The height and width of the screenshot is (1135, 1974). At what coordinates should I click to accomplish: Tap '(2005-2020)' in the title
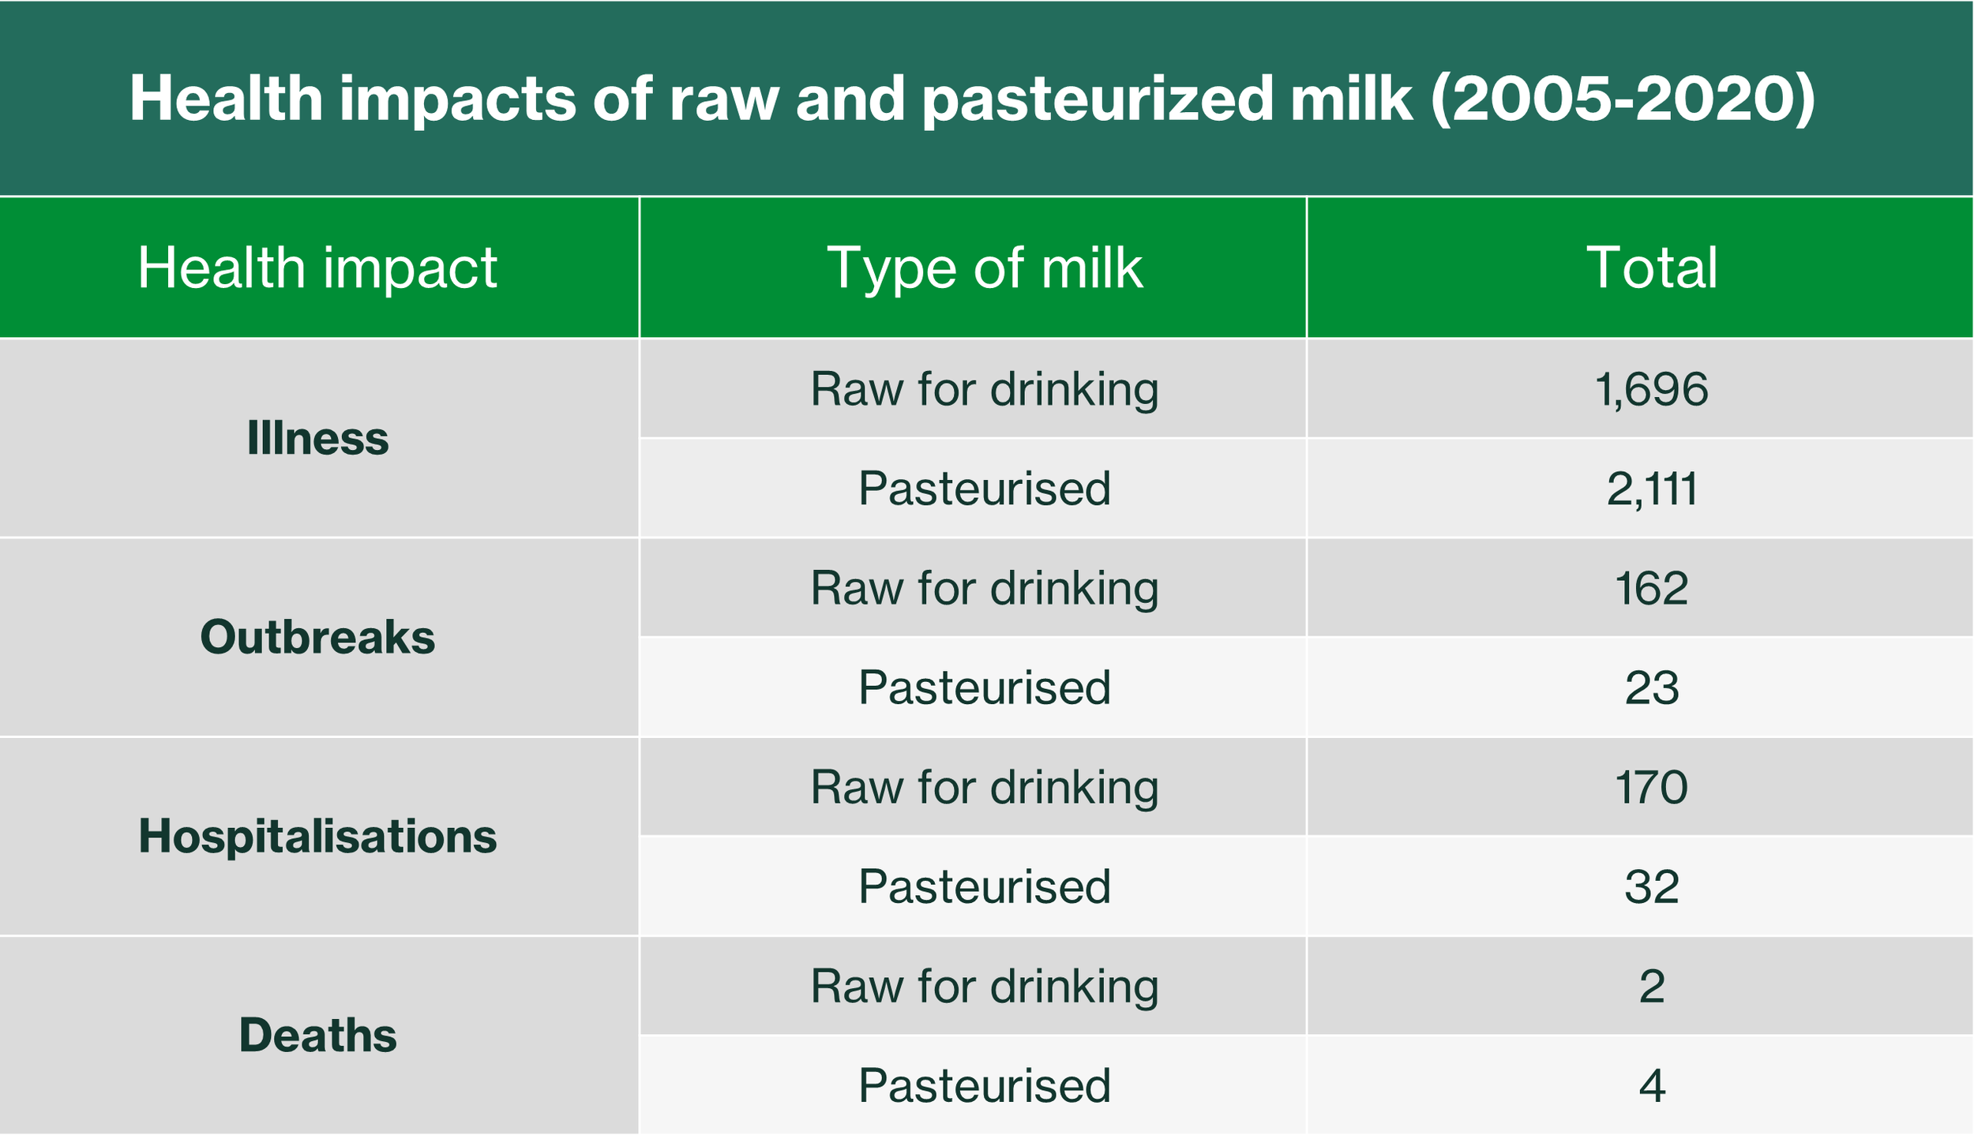pyautogui.click(x=1623, y=99)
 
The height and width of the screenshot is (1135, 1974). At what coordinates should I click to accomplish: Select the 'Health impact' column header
pyautogui.click(x=317, y=268)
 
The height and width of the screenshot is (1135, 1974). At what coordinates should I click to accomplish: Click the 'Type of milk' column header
pyautogui.click(x=985, y=268)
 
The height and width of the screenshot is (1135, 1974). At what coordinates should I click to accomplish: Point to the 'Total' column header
pyautogui.click(x=1652, y=268)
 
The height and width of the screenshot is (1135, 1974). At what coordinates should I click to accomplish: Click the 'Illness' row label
pyautogui.click(x=317, y=438)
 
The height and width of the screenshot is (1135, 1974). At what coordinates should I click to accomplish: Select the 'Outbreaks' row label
pyautogui.click(x=317, y=637)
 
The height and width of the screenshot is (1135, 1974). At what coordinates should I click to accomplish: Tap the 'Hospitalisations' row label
pyautogui.click(x=317, y=837)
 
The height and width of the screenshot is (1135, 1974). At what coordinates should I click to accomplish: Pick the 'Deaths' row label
pyautogui.click(x=317, y=1036)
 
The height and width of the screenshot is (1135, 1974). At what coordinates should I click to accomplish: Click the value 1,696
pyautogui.click(x=1652, y=390)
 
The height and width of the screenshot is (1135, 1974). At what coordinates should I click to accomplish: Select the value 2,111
pyautogui.click(x=1652, y=489)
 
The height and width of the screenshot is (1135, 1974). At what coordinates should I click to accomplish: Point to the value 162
pyautogui.click(x=1652, y=588)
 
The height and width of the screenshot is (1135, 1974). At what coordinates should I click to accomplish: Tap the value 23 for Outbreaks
pyautogui.click(x=1652, y=687)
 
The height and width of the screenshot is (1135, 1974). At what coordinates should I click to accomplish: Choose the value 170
pyautogui.click(x=1652, y=787)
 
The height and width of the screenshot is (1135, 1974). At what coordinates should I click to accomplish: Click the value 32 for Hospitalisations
pyautogui.click(x=1652, y=886)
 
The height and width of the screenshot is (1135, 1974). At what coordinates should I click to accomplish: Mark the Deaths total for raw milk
pyautogui.click(x=1652, y=987)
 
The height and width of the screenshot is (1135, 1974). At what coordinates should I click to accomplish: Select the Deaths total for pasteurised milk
pyautogui.click(x=1652, y=1086)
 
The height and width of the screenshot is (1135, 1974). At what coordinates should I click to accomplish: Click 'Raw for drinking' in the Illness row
pyautogui.click(x=985, y=390)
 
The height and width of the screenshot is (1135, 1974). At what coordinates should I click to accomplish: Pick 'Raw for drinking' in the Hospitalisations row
pyautogui.click(x=985, y=788)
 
